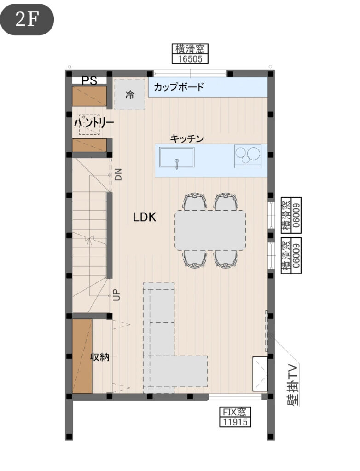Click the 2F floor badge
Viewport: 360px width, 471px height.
27,19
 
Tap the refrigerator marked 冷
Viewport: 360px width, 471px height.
130,94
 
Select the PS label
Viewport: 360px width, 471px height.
90,81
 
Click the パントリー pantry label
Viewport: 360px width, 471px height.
94,123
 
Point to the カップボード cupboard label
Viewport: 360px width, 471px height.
179,87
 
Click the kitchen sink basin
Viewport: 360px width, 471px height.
177,157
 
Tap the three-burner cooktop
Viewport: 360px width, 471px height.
248,155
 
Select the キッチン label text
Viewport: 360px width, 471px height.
187,138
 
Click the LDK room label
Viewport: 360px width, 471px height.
145,217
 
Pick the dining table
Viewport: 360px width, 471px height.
210,230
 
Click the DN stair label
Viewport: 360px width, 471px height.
118,174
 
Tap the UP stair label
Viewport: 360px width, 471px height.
116,295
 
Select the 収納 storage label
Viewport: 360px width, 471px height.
100,357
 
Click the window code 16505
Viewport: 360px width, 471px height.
190,59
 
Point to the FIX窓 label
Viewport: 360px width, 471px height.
235,412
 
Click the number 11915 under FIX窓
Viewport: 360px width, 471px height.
235,422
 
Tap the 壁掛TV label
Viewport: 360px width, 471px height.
293,385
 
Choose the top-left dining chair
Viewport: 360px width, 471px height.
195,202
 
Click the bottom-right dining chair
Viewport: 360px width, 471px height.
226,258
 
